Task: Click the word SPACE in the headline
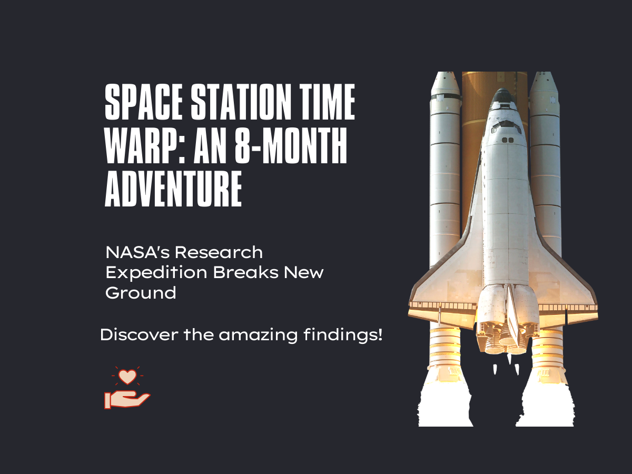click(143, 102)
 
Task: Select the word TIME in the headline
click(328, 102)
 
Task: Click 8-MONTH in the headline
click(291, 146)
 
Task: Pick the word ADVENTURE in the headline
click(173, 189)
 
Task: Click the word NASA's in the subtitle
click(137, 252)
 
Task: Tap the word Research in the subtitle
click(219, 252)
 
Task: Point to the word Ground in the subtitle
click(141, 293)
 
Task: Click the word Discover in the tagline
click(140, 335)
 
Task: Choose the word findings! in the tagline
click(343, 335)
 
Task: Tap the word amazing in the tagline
click(258, 335)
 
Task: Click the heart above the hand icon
click(127, 377)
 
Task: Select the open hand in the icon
click(127, 399)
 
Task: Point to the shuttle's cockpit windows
click(506, 126)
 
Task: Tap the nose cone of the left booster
click(445, 83)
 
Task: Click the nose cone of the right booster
click(544, 83)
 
